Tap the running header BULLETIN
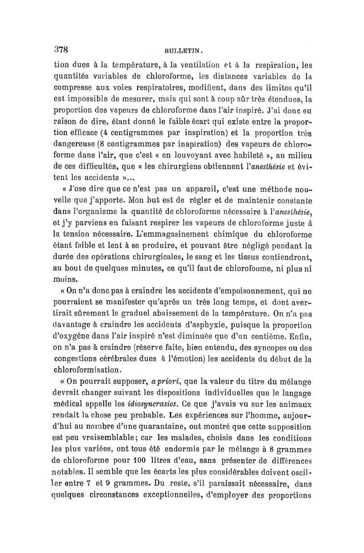click(x=181, y=51)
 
